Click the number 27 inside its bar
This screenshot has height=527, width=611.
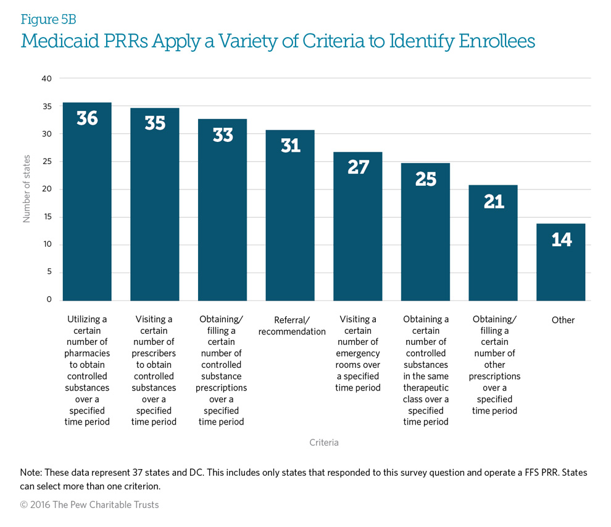tap(358, 167)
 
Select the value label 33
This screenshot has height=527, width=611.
tap(223, 135)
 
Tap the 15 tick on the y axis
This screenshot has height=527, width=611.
tap(47, 217)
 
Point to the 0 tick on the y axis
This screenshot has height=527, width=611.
tap(49, 301)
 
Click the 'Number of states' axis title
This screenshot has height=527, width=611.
tap(27, 189)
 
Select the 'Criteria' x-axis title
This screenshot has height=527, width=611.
tap(324, 442)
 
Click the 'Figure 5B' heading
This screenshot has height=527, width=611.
tap(48, 20)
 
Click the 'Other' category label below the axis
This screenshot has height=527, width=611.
tap(563, 320)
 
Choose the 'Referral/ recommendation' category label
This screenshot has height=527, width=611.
tap(291, 326)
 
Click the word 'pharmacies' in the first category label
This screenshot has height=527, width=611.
tap(87, 354)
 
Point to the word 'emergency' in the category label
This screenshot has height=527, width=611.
tap(358, 354)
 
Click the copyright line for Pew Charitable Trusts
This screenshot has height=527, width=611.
tap(89, 505)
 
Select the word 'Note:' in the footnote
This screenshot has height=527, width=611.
tap(31, 472)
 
